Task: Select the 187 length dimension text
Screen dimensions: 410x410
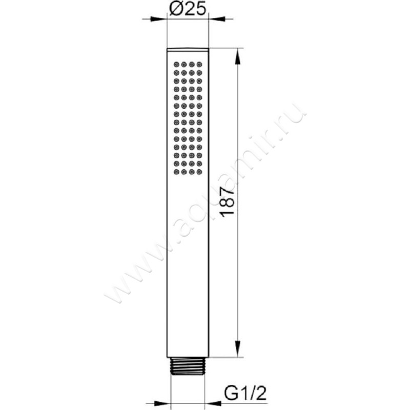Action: (x=229, y=202)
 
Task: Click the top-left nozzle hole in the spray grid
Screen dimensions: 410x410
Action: (x=176, y=65)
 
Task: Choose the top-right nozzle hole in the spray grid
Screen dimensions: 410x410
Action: (x=199, y=65)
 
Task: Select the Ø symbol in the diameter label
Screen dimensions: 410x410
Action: (x=174, y=9)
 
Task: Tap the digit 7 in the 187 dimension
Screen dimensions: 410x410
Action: (x=229, y=191)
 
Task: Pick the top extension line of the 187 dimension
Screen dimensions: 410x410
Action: (x=225, y=49)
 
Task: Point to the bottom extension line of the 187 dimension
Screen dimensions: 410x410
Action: (x=225, y=357)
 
